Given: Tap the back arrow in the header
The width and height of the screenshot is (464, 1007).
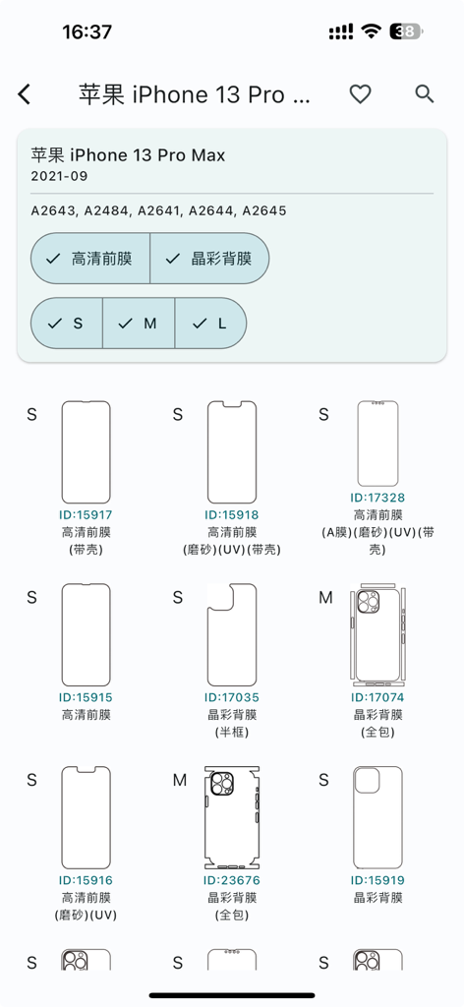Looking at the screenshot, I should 25,94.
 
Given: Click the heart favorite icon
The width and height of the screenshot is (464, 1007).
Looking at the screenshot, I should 361,94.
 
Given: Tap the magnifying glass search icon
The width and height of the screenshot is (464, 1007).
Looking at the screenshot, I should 425,94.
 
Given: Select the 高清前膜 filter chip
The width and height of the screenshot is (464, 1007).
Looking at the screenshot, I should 90,259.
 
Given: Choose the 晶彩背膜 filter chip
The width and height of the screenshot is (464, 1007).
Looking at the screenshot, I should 209,259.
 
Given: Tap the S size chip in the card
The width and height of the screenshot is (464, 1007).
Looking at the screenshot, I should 67,323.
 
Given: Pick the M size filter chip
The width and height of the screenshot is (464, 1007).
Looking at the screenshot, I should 139,323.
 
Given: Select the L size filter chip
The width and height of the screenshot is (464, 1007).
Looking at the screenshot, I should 210,323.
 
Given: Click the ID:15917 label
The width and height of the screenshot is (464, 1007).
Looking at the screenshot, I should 87,515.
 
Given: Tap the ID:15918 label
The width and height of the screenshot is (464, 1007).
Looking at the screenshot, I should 232,515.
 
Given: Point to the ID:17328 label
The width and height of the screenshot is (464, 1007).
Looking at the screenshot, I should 377,499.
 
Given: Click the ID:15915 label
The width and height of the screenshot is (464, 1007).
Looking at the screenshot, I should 87,698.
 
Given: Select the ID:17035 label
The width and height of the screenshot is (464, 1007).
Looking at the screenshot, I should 232,698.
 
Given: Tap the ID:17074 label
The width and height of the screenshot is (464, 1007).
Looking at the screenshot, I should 377,698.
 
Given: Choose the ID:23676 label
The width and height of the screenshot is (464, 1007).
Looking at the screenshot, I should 232,881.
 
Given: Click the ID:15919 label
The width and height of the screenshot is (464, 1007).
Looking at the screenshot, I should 377,881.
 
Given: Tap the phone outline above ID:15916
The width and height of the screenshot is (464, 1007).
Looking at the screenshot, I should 87,817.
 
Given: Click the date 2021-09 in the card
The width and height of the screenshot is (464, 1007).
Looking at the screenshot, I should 59,176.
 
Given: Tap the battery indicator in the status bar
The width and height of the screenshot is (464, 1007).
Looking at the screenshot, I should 406,31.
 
